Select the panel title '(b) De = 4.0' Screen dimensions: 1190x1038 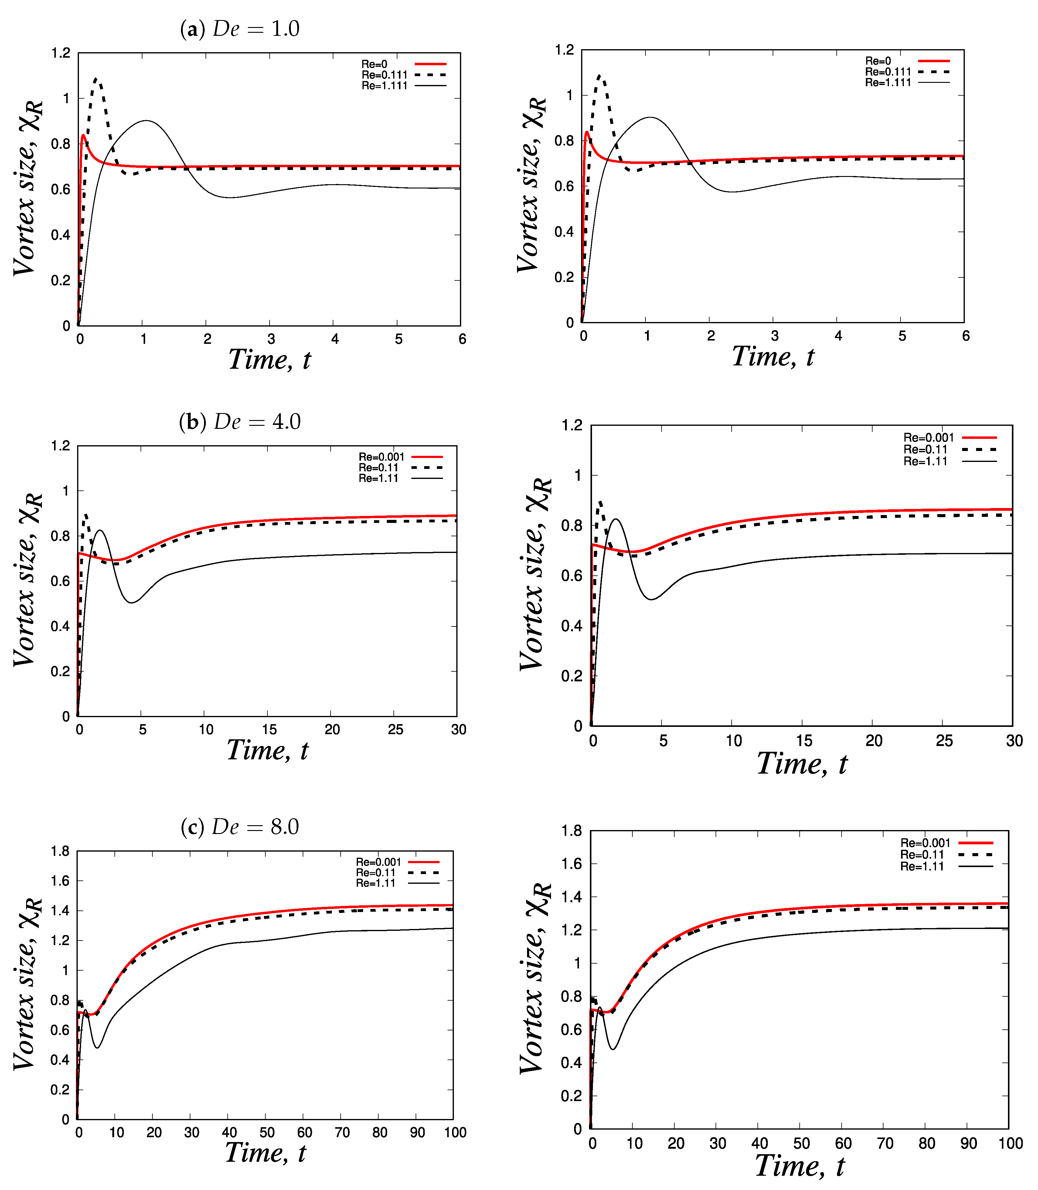240,422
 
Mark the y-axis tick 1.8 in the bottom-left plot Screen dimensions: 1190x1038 60,851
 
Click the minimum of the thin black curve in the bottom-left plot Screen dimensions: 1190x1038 97,1047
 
